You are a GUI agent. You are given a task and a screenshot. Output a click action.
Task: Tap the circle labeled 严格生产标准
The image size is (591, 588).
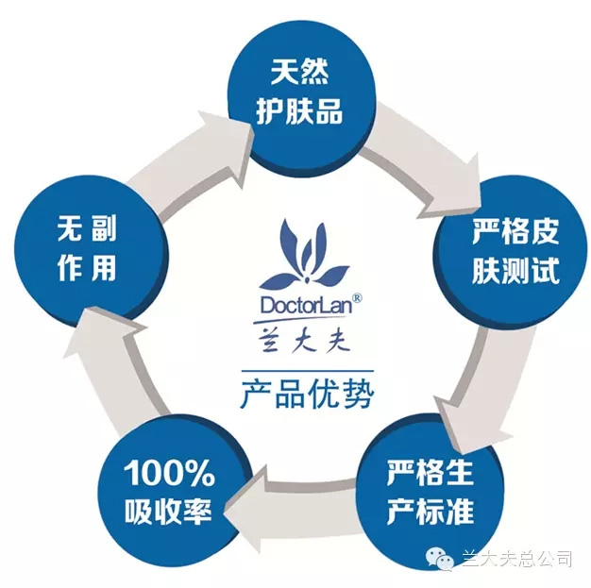tap(431, 490)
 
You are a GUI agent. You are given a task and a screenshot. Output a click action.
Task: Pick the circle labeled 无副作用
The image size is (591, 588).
tap(90, 252)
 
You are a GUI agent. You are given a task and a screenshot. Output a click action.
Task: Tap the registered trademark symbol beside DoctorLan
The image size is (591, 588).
tap(357, 298)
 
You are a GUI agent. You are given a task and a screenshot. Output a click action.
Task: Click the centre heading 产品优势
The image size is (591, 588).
tap(307, 394)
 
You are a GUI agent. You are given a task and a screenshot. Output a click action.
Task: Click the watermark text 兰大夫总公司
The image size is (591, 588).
tap(516, 558)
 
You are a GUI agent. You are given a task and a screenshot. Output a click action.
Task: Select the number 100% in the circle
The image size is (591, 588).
tap(169, 473)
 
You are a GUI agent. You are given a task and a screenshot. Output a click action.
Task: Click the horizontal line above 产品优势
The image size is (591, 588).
tap(307, 371)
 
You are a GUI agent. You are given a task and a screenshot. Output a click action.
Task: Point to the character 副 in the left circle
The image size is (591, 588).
tap(104, 227)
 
